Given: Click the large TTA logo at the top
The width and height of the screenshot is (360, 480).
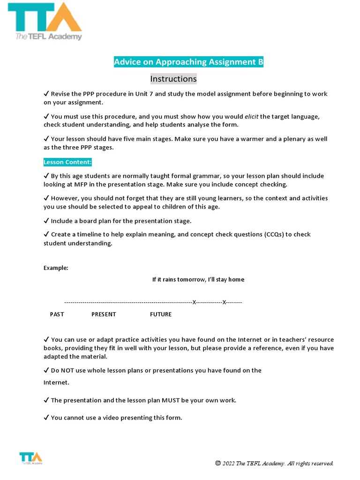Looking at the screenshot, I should (x=45, y=21).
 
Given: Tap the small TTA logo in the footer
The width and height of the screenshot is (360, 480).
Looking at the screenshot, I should (x=30, y=458).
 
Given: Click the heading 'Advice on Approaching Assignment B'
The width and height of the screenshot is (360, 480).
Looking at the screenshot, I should (x=188, y=62).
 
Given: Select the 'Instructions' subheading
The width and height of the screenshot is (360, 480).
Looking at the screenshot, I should (x=173, y=79).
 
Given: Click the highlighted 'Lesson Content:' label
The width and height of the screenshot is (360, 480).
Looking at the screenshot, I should (x=68, y=162).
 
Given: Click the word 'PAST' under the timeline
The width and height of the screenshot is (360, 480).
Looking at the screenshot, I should (x=57, y=314).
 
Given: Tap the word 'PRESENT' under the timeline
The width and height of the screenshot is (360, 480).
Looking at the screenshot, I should (x=104, y=314).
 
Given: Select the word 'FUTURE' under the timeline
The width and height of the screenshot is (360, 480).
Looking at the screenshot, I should (x=161, y=314).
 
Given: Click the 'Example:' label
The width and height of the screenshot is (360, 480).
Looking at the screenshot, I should (x=56, y=268).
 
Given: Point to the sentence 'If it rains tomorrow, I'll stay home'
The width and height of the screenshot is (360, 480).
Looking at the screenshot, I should (x=198, y=279).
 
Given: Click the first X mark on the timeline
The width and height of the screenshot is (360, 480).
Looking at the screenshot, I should (x=195, y=302).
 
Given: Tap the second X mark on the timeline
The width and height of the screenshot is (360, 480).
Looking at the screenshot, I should (x=224, y=302).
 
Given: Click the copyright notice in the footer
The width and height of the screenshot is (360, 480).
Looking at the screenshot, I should (x=274, y=463).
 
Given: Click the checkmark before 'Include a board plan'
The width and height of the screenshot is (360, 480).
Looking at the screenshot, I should (x=46, y=221).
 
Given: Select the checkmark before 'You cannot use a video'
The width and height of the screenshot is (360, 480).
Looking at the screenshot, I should (x=46, y=418).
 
